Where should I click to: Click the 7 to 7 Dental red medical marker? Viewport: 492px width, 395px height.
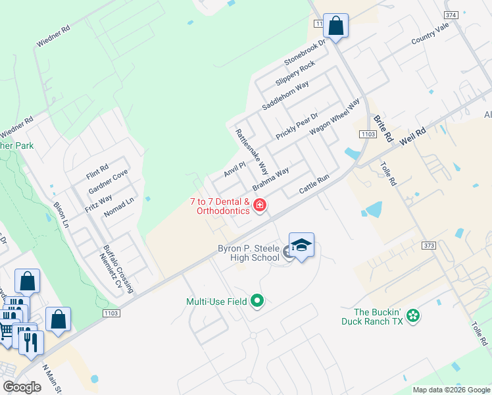[260, 206]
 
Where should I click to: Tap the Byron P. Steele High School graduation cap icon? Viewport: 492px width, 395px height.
[301, 246]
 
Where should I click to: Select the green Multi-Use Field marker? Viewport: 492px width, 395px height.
[257, 302]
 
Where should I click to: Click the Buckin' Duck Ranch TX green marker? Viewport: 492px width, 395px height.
[412, 316]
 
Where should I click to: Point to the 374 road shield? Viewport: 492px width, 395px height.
[451, 14]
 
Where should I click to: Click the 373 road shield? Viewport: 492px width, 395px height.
[429, 246]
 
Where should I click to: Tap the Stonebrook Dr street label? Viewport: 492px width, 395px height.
[305, 51]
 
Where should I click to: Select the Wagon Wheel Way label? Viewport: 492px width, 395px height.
[335, 117]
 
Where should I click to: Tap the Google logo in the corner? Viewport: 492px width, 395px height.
[22, 387]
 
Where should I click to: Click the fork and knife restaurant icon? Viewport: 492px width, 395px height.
[30, 342]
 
